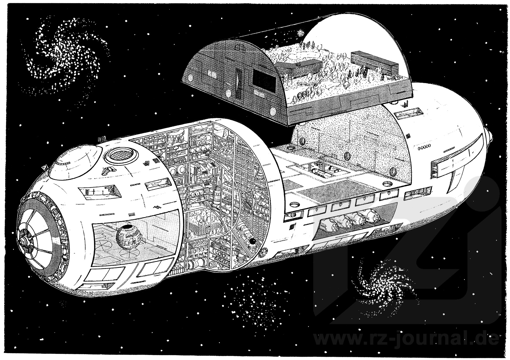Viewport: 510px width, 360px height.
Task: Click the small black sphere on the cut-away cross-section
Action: pos(252,242)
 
